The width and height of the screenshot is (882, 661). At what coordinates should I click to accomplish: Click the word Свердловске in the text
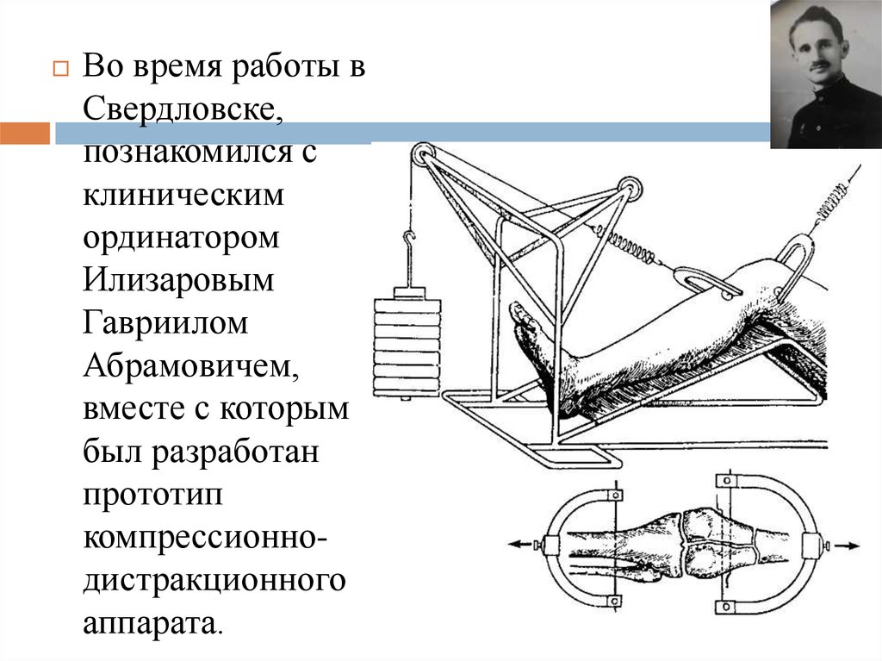pos(180,109)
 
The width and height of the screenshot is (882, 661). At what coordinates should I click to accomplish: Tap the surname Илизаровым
pos(178,280)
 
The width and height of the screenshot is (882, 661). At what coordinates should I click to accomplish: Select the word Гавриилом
pos(165,322)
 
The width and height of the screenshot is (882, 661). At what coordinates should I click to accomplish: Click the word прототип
pos(152,496)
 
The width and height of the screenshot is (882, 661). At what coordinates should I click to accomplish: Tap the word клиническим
pos(183,195)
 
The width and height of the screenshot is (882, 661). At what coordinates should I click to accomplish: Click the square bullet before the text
pos(61,69)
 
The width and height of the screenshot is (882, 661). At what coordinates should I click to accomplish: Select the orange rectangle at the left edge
pos(25,133)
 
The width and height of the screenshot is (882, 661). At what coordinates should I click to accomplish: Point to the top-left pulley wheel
pos(422,155)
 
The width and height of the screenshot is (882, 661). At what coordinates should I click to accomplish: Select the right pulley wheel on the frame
pos(630,189)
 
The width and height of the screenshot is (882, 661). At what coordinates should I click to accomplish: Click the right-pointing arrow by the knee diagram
pos(846,545)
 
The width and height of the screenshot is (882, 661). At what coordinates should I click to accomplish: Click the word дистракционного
pos(214,581)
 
